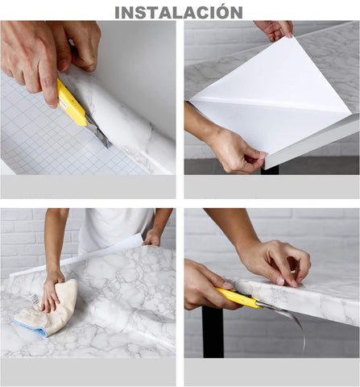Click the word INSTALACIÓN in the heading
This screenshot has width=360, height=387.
[x=178, y=11]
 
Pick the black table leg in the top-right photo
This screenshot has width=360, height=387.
[x=271, y=169]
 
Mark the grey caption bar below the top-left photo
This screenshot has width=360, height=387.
[x=88, y=186]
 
